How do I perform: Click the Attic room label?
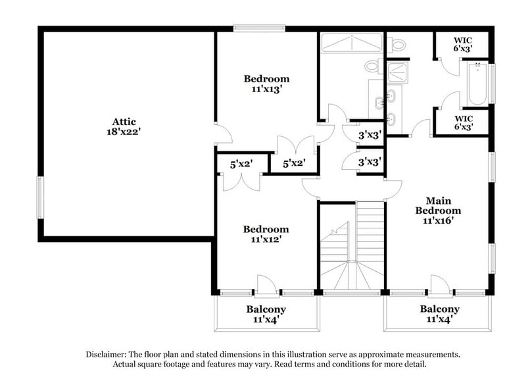124,121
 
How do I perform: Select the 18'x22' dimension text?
124,131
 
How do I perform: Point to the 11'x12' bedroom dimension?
266,240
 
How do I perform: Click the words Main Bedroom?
437,205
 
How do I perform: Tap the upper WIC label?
462,39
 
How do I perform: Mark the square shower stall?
397,71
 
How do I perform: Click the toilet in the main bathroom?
398,45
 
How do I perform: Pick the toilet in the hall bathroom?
372,66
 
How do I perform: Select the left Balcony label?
266,309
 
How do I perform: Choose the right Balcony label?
439,309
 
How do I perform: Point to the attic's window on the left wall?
39,197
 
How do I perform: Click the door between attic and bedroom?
222,134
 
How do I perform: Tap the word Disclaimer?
108,354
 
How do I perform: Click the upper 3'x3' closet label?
370,135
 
